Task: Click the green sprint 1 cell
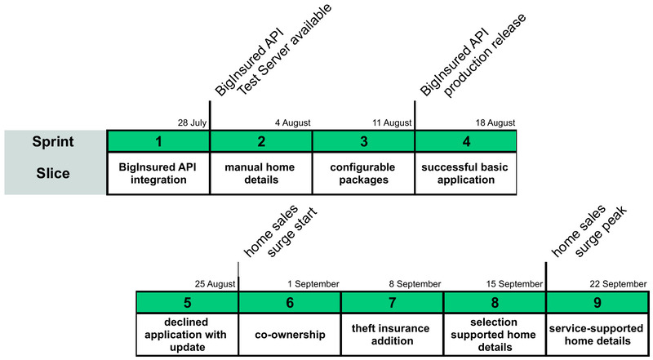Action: tap(158, 140)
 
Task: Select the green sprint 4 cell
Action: tap(466, 140)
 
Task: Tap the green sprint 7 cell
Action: tap(392, 301)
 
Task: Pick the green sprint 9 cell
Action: tap(597, 301)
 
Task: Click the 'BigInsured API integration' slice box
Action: tap(158, 173)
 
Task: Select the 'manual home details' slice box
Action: tap(261, 173)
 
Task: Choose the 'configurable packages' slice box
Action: tap(364, 173)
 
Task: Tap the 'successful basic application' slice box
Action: tap(466, 173)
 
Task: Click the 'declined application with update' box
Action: tap(187, 334)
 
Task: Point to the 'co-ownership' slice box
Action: tap(289, 334)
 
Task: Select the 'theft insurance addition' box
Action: tap(392, 334)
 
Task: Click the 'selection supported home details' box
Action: tap(495, 334)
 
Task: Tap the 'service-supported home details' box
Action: tap(597, 334)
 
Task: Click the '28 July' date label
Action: tap(193, 122)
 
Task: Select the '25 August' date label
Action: tap(215, 283)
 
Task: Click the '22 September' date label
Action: tap(618, 283)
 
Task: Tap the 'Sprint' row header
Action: tap(55, 140)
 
